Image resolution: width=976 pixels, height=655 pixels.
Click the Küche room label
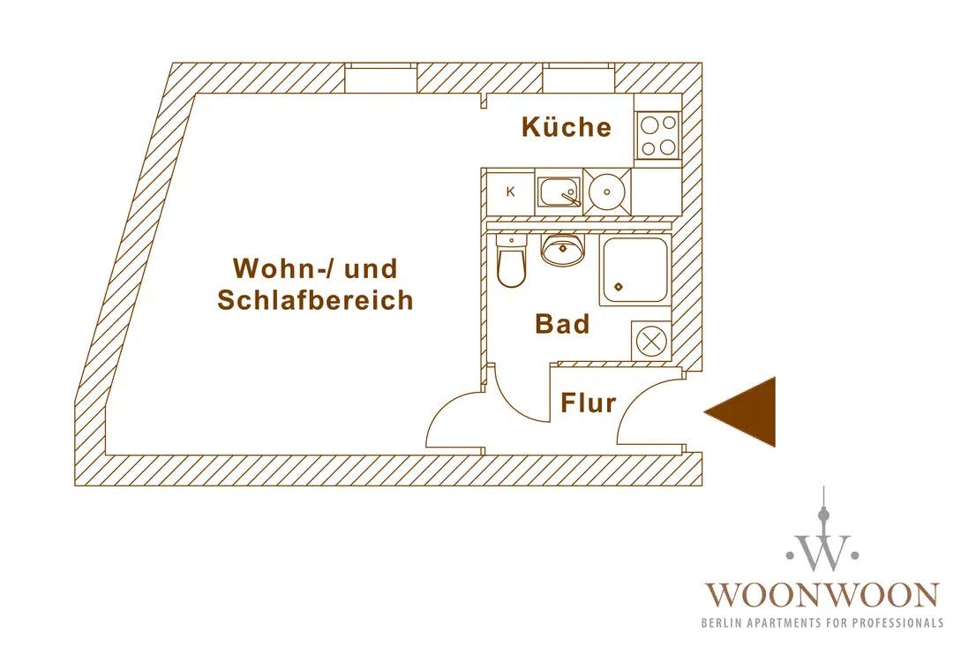tap(566, 127)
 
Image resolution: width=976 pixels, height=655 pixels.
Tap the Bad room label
tap(562, 324)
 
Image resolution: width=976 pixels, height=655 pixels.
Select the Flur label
tap(588, 403)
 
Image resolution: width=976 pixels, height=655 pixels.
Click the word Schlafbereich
tap(315, 300)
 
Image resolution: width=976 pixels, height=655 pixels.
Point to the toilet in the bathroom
tap(511, 263)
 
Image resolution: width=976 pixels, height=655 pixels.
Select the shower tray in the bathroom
tap(633, 270)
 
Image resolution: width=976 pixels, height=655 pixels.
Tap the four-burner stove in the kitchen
tap(657, 136)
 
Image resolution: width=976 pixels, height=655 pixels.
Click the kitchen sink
tap(559, 192)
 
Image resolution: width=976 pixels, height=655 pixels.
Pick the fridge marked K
tap(510, 192)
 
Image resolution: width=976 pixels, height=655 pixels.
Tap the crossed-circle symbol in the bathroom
tap(651, 342)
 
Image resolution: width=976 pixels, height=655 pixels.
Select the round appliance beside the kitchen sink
tap(606, 191)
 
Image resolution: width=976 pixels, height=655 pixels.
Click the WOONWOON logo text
tap(821, 594)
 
